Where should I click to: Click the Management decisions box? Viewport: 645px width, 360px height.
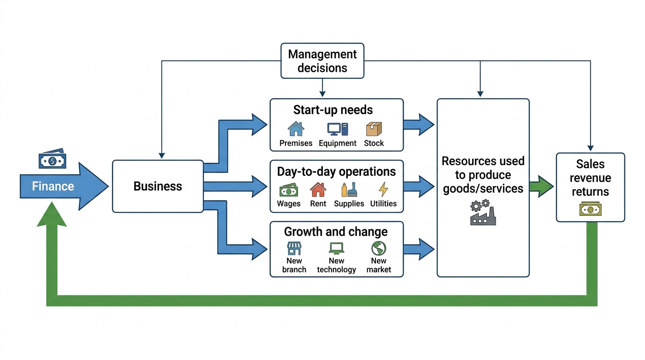tap(322, 61)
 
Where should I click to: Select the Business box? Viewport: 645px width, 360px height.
tap(158, 187)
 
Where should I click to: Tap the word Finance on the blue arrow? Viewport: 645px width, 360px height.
tap(53, 187)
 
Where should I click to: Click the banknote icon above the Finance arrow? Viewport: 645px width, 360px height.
tap(52, 159)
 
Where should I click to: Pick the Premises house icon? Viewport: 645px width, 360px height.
tap(296, 129)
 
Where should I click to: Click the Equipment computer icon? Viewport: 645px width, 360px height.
tap(337, 129)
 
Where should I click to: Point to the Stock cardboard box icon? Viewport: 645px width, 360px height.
tap(374, 129)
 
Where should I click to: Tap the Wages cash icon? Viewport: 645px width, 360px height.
tap(289, 190)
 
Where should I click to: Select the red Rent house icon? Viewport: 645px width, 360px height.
tap(318, 189)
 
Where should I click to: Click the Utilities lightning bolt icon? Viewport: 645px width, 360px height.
tap(383, 189)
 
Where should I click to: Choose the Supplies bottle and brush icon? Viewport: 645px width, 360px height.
tap(349, 189)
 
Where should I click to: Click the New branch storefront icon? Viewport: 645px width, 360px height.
tap(294, 248)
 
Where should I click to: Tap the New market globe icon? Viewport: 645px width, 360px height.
tap(379, 248)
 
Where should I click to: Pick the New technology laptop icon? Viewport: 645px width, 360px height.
tap(336, 248)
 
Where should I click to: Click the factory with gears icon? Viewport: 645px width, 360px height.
tap(483, 212)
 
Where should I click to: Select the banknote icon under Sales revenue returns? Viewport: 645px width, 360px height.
tap(590, 209)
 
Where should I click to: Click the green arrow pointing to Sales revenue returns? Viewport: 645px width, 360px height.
tap(541, 187)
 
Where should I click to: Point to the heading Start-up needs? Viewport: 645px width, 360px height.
tap(333, 110)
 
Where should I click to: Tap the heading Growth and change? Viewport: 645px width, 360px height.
tap(336, 232)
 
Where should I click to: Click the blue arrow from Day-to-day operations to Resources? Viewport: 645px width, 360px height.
tap(419, 187)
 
